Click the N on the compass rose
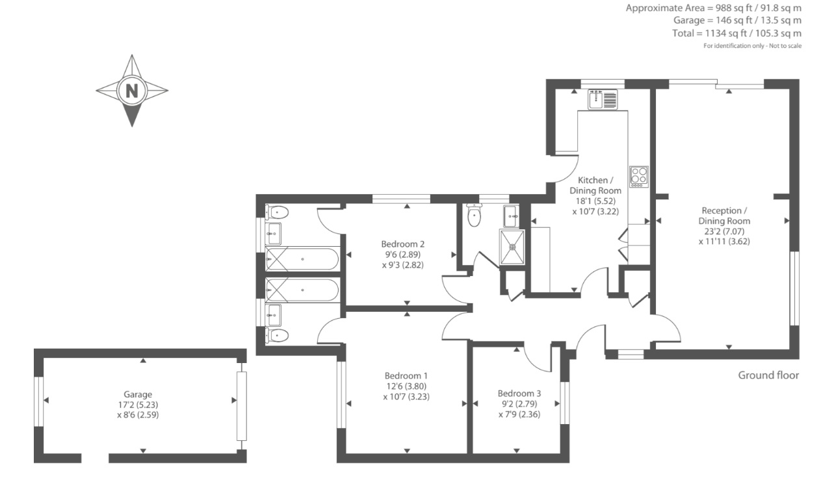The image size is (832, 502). tap(132, 90)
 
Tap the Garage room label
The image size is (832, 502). tap(138, 394)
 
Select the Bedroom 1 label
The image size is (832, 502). tap(406, 375)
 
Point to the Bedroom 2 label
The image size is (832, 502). tap(402, 244)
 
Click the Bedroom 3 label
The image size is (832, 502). tap(519, 393)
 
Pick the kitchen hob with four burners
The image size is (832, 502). tap(639, 177)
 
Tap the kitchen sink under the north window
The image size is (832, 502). tap(603, 99)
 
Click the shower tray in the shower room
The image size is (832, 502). tap(512, 247)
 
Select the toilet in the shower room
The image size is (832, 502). tap(474, 215)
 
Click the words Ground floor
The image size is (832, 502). tap(768, 375)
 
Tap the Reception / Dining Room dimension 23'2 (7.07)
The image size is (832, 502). tap(724, 231)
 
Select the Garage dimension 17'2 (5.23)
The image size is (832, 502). tap(138, 405)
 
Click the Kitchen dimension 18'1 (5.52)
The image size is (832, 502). tap(595, 201)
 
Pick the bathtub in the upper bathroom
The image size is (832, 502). tap(302, 259)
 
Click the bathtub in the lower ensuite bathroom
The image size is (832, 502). tap(302, 290)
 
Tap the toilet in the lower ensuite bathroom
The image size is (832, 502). tap(277, 336)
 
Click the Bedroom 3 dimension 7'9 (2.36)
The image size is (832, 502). tap(519, 414)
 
